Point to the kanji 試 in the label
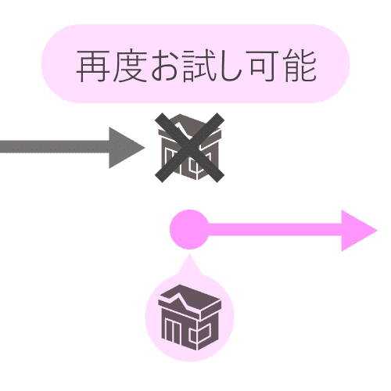coord(199,66)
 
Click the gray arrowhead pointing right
coord(125,148)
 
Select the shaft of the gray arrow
coord(55,147)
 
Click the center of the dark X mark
coord(189,148)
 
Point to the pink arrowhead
coord(358,231)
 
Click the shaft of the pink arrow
coord(274,230)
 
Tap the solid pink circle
coord(189,229)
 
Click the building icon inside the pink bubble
coord(190,317)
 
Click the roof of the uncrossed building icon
coord(190,300)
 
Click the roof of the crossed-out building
coord(190,127)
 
